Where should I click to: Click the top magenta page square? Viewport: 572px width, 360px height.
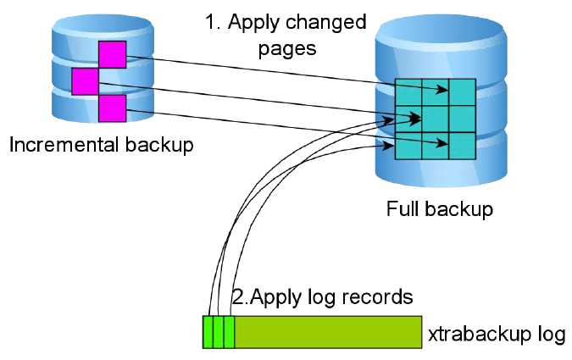(112, 54)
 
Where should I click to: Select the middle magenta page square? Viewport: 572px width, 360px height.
(86, 81)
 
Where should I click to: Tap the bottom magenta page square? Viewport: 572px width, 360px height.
(112, 108)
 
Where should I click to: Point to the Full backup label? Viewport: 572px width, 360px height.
(439, 208)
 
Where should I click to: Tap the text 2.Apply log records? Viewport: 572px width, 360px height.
(322, 297)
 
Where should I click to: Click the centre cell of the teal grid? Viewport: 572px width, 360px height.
(436, 119)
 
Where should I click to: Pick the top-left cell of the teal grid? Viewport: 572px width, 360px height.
(409, 92)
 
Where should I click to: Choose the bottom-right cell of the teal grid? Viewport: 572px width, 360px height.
(462, 145)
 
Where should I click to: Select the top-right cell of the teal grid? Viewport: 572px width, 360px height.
(462, 92)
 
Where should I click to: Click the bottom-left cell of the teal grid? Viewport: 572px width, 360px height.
(409, 145)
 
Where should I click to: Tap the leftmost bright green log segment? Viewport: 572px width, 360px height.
(208, 332)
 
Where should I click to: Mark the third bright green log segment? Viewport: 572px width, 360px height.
(229, 332)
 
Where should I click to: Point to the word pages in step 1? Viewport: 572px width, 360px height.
(286, 47)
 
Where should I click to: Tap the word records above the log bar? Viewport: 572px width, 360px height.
(380, 297)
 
